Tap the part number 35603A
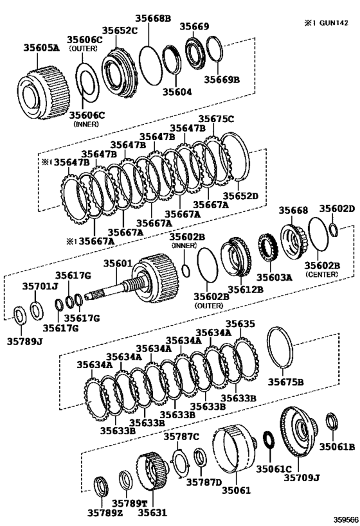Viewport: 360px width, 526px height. click(x=275, y=277)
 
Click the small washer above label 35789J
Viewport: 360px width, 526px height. click(x=19, y=314)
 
